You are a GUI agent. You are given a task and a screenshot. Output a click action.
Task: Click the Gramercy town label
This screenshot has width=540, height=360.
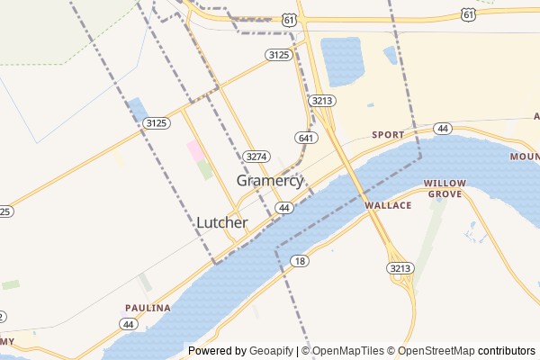click(269, 181)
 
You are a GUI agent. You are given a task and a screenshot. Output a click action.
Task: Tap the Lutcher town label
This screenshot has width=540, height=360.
click(221, 222)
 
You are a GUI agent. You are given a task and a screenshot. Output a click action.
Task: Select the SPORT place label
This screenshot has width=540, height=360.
click(389, 135)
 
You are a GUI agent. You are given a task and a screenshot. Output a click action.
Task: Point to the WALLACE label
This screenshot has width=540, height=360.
click(388, 205)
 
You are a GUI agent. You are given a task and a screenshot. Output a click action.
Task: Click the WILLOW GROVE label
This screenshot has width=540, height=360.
click(444, 188)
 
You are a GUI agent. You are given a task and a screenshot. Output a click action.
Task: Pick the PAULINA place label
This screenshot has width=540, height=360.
click(148, 308)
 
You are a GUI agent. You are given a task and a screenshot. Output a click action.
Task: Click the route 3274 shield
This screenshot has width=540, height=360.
click(256, 156)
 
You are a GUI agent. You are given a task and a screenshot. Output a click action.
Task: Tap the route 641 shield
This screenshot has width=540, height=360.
click(305, 138)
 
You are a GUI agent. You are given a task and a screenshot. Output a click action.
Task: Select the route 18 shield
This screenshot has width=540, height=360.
click(300, 260)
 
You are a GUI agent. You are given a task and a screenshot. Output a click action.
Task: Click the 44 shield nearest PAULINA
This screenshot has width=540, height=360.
click(129, 323)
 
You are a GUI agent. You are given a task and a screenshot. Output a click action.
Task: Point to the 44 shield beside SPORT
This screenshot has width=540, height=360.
click(442, 130)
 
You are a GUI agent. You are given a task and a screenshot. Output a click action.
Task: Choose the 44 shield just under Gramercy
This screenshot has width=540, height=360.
click(284, 208)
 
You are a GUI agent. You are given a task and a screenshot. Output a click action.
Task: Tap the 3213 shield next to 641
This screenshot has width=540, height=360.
click(320, 101)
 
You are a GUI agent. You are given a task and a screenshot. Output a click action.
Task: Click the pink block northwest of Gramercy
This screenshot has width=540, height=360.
click(194, 149)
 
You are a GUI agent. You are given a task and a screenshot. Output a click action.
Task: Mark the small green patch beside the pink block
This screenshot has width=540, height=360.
click(205, 169)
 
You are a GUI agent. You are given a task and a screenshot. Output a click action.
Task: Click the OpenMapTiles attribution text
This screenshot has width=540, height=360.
click(347, 351)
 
